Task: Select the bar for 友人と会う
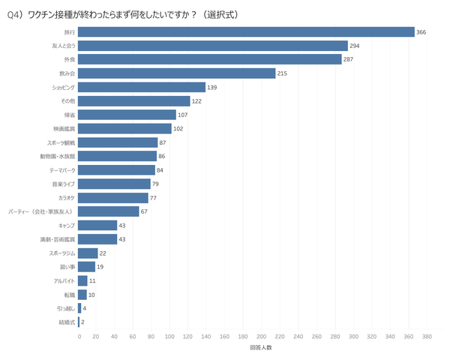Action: (213, 46)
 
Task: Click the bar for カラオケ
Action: (113, 197)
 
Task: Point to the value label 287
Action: (351, 59)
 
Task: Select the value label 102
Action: (179, 128)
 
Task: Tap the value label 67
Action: (145, 211)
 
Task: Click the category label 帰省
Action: (70, 115)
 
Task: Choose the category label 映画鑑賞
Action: (64, 128)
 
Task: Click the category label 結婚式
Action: (67, 322)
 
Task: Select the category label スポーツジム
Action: (61, 253)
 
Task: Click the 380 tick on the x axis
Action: (427, 337)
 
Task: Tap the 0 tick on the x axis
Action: (79, 337)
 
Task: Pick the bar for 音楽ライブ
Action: (115, 184)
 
